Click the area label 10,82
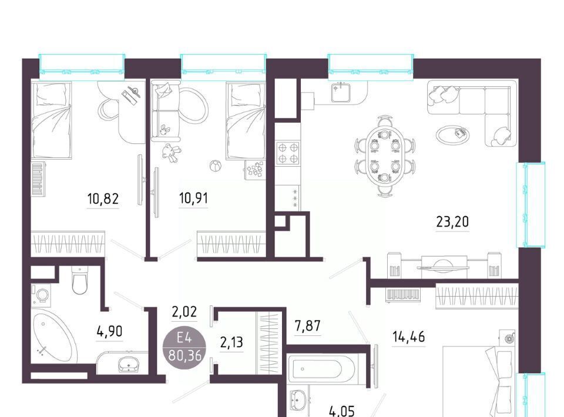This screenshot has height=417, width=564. click(103, 198)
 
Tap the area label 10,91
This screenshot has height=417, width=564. click(193, 198)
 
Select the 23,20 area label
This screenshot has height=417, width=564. click(452, 222)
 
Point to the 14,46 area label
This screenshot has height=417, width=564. click(409, 337)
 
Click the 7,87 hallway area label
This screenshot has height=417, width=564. click(307, 327)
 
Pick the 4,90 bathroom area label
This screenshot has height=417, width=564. click(110, 331)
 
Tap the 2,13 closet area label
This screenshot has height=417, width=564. click(231, 342)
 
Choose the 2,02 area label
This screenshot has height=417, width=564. click(184, 312)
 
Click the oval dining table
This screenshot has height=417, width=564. click(384, 156)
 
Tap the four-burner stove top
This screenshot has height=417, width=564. click(288, 153)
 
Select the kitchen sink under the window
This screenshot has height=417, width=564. click(340, 92)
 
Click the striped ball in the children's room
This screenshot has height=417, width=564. click(216, 166)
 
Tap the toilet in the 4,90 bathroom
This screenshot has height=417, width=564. click(80, 280)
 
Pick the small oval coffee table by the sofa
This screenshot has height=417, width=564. click(453, 134)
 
